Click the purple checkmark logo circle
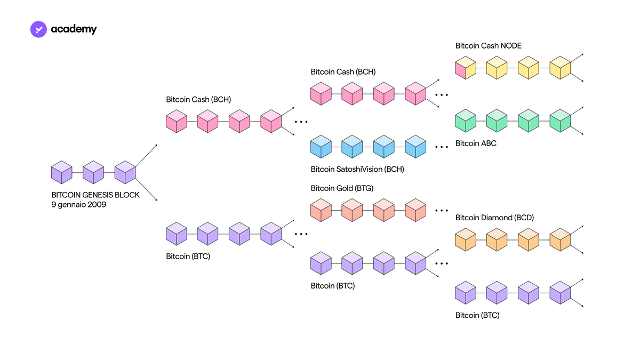(38, 29)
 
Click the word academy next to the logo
(74, 29)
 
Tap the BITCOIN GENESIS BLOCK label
(95, 195)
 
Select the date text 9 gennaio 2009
(78, 205)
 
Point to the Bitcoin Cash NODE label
(489, 46)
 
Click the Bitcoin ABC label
(476, 143)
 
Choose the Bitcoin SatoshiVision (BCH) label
(357, 169)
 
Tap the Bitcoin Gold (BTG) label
(342, 188)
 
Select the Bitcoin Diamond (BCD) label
(494, 218)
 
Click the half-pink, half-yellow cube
(466, 68)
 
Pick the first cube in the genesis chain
(62, 172)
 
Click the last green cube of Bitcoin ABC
(560, 121)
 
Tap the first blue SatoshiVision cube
(321, 147)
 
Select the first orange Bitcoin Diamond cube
(466, 239)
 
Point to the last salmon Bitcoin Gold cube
(415, 210)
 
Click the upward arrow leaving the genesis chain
(146, 155)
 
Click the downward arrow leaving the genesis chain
(146, 189)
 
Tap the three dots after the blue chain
(442, 147)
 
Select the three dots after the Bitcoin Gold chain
(442, 211)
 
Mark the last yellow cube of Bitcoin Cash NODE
(560, 68)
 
